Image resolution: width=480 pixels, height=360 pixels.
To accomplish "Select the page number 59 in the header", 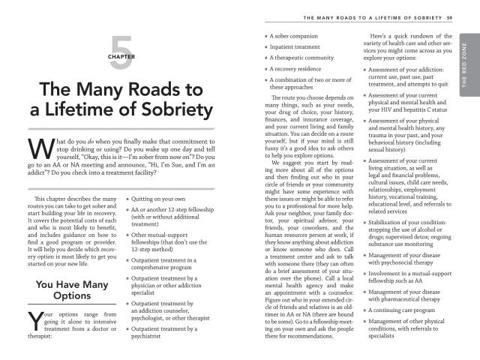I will pyautogui.click(x=448, y=18).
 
